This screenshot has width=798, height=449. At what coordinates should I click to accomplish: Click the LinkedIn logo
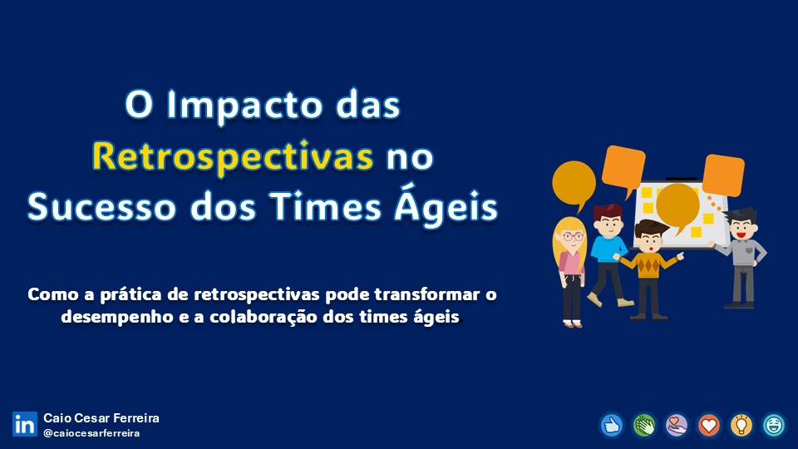(x=24, y=424)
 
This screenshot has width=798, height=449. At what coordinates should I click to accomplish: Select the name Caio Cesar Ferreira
(x=101, y=418)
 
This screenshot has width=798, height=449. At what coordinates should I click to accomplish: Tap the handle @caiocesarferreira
(x=91, y=433)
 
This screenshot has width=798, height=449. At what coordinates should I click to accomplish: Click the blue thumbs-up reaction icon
(x=612, y=425)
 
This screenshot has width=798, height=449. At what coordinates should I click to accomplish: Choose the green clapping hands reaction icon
(x=644, y=425)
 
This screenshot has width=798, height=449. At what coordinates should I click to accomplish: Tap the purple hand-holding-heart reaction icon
(x=677, y=425)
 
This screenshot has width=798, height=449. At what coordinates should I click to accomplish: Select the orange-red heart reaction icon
(x=709, y=425)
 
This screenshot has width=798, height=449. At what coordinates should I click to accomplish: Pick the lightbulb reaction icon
(x=741, y=425)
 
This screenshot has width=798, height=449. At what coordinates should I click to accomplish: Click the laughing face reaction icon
(x=774, y=425)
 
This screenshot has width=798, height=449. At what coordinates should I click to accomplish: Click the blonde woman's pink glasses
(x=573, y=237)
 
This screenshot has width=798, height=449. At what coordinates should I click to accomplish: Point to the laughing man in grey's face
(x=739, y=227)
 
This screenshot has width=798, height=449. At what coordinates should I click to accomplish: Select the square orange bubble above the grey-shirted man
(x=722, y=175)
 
